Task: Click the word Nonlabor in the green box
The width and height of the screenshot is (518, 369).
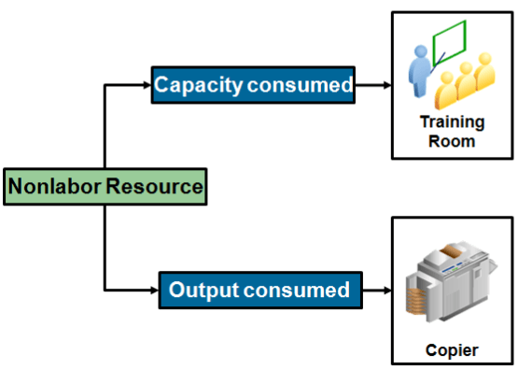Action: point(54,187)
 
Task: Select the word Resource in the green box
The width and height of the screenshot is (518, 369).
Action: point(153,187)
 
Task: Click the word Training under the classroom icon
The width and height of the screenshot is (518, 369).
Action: point(452,122)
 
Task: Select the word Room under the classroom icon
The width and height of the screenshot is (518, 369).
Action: point(452,141)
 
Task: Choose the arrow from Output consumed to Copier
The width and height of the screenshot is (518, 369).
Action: point(375,290)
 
